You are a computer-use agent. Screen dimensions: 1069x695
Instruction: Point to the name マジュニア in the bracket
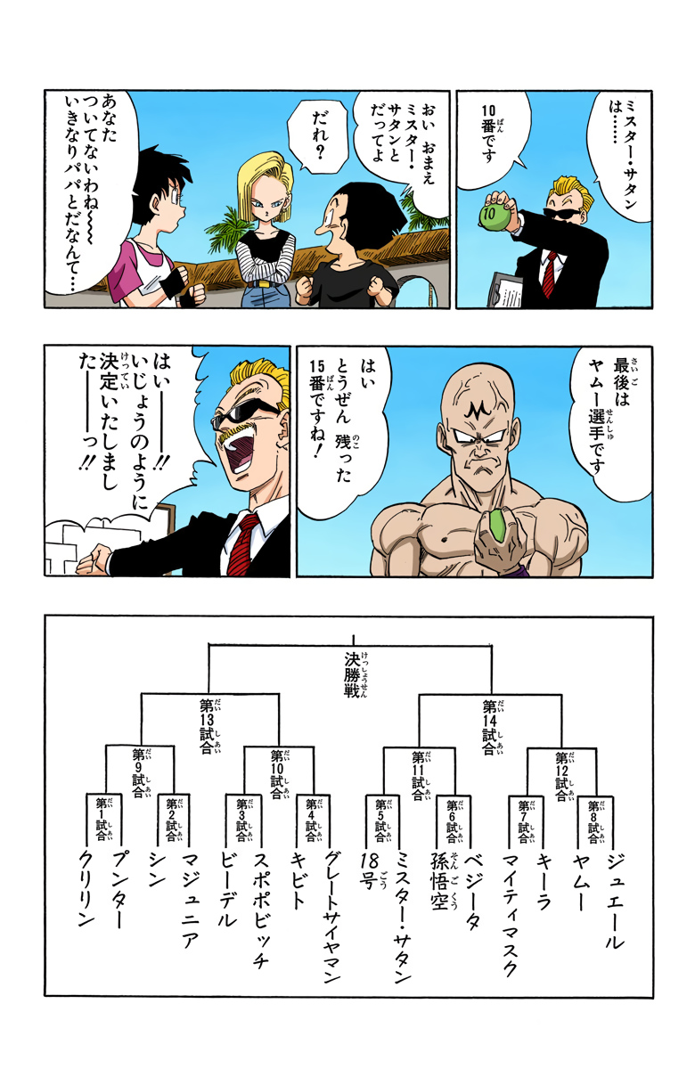(x=190, y=895)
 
